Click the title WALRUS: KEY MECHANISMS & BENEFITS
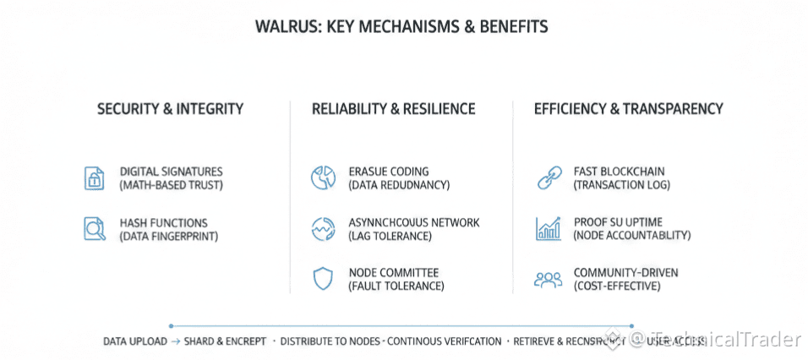401,27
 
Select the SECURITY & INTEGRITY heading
170,109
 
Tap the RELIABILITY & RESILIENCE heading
393,109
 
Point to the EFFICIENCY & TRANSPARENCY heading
628,109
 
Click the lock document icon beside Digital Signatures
94,177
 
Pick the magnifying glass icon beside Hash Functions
94,229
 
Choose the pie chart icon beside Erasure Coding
323,177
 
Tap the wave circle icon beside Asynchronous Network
323,229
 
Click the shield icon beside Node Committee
323,279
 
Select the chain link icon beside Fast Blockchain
549,177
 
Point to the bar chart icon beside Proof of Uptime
549,228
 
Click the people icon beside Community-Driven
549,279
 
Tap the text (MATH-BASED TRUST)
172,185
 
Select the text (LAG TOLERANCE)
390,237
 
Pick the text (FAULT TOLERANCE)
396,286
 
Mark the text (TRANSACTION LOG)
621,185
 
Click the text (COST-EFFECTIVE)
617,286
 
